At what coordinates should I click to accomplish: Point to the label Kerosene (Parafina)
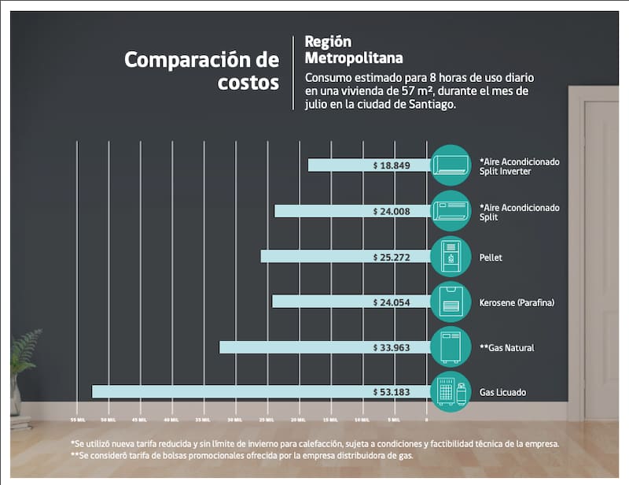coord(517,302)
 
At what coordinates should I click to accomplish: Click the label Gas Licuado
coord(502,392)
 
